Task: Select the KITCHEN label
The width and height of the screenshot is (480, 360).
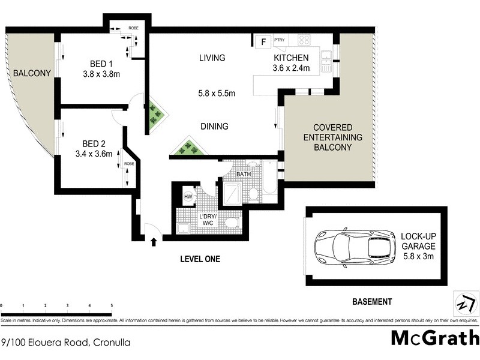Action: tap(291, 58)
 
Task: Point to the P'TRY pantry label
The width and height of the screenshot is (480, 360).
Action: tap(280, 40)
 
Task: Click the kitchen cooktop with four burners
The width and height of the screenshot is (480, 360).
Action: tap(304, 41)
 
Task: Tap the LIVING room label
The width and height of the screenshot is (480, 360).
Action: tap(212, 58)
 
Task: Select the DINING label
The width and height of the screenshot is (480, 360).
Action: tap(214, 126)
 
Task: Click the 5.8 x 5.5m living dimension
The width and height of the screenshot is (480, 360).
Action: tap(217, 93)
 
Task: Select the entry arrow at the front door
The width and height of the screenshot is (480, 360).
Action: tap(154, 242)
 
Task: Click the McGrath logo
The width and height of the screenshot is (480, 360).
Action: tap(435, 337)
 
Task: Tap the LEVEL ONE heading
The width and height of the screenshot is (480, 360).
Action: tap(200, 259)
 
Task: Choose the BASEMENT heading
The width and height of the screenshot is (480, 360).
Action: tap(372, 302)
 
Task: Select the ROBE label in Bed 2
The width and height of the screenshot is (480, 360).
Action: tap(129, 164)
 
